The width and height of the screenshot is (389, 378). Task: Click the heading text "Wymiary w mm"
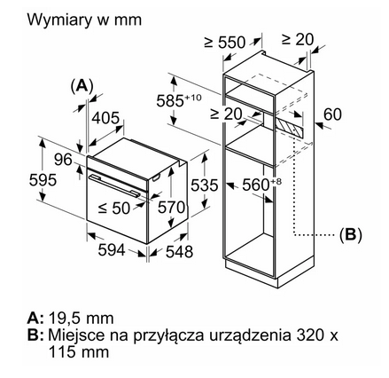(x=84, y=20)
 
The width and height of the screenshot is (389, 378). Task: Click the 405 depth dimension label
(x=105, y=118)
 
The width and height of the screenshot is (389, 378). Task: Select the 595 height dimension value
(x=43, y=179)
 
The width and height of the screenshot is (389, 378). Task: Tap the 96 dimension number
(x=63, y=160)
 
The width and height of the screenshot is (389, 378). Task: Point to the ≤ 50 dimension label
(x=114, y=208)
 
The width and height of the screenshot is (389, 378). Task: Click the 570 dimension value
(x=171, y=207)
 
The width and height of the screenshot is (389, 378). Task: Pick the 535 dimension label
(x=204, y=185)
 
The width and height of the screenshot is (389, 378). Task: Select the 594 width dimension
(x=112, y=250)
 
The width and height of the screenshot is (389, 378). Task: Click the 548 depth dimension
(x=179, y=251)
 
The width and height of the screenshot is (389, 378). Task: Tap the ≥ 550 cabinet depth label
(x=225, y=43)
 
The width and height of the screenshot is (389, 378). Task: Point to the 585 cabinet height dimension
(x=179, y=100)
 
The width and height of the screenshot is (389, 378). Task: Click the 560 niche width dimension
(x=262, y=185)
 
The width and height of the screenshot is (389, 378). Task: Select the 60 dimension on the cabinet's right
(x=332, y=114)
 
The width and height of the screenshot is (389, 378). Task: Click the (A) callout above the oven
(x=82, y=86)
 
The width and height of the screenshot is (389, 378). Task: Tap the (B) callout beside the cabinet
(x=351, y=235)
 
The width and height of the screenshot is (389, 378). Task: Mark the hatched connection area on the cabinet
(x=289, y=127)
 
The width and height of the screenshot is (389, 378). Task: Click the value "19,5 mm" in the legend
(x=82, y=319)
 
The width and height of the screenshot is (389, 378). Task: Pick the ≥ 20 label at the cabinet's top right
(x=298, y=39)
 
